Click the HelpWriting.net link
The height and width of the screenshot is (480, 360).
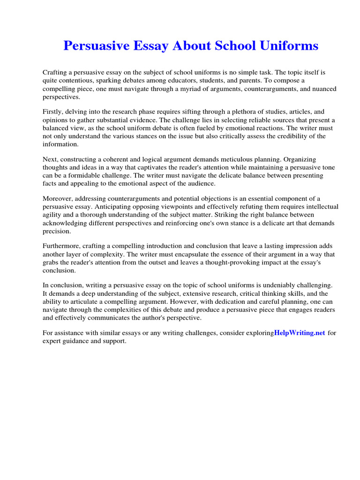point(300,333)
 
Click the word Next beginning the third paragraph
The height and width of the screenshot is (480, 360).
point(50,159)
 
